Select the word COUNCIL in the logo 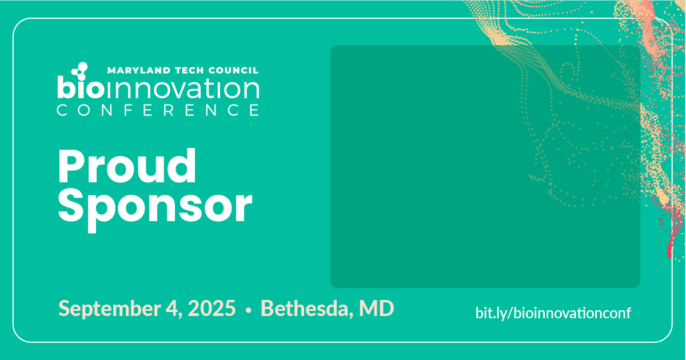[233, 70]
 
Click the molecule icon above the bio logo [79, 71]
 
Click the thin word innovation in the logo [181, 89]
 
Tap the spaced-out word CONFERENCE [158, 110]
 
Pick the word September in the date [109, 309]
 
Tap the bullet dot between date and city [248, 311]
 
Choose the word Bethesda [305, 308]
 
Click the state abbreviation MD [376, 308]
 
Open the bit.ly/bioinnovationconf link [553, 313]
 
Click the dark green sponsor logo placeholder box [485, 166]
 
